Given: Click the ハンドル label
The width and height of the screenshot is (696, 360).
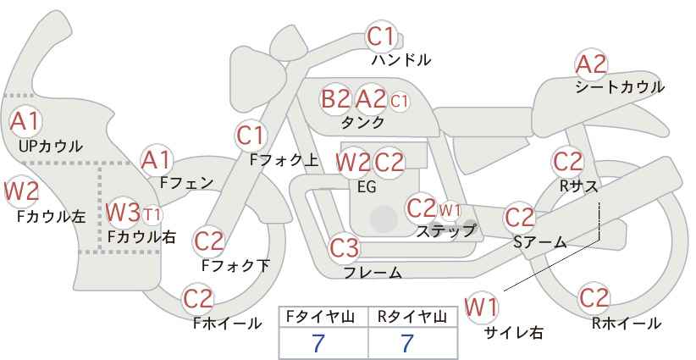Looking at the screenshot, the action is pyautogui.click(x=401, y=59).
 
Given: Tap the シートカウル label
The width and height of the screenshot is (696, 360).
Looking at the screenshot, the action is pyautogui.click(x=620, y=86).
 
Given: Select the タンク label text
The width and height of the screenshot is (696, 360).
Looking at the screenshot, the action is pyautogui.click(x=362, y=122).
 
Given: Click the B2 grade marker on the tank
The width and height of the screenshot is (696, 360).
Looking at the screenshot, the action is pyautogui.click(x=335, y=98).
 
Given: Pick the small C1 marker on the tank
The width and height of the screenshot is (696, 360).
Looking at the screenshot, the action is pyautogui.click(x=399, y=101).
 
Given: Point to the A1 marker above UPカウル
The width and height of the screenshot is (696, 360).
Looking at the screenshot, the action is pyautogui.click(x=25, y=121).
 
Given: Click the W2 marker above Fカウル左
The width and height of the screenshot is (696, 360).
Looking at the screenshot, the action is pyautogui.click(x=21, y=191).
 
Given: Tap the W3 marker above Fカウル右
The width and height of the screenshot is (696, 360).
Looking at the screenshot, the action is pyautogui.click(x=124, y=212).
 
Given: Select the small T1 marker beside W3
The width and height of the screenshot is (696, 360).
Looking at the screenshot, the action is pyautogui.click(x=152, y=215).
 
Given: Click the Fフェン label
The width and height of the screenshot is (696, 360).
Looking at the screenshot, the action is pyautogui.click(x=186, y=183).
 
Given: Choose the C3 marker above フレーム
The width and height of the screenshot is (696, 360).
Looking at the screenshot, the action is pyautogui.click(x=344, y=247).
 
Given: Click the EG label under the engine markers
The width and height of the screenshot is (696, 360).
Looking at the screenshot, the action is pyautogui.click(x=367, y=186).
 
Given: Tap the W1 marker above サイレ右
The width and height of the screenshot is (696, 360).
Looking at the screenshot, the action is pyautogui.click(x=482, y=307).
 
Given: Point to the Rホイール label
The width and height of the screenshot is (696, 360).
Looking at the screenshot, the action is pyautogui.click(x=627, y=324).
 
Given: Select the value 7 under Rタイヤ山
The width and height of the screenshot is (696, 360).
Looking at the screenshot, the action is pyautogui.click(x=407, y=343).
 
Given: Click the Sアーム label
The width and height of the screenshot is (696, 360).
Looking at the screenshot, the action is pyautogui.click(x=540, y=242).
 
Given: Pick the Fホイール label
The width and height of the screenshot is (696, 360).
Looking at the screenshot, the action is pyautogui.click(x=227, y=324).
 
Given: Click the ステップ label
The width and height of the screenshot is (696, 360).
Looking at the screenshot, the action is pyautogui.click(x=445, y=231).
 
